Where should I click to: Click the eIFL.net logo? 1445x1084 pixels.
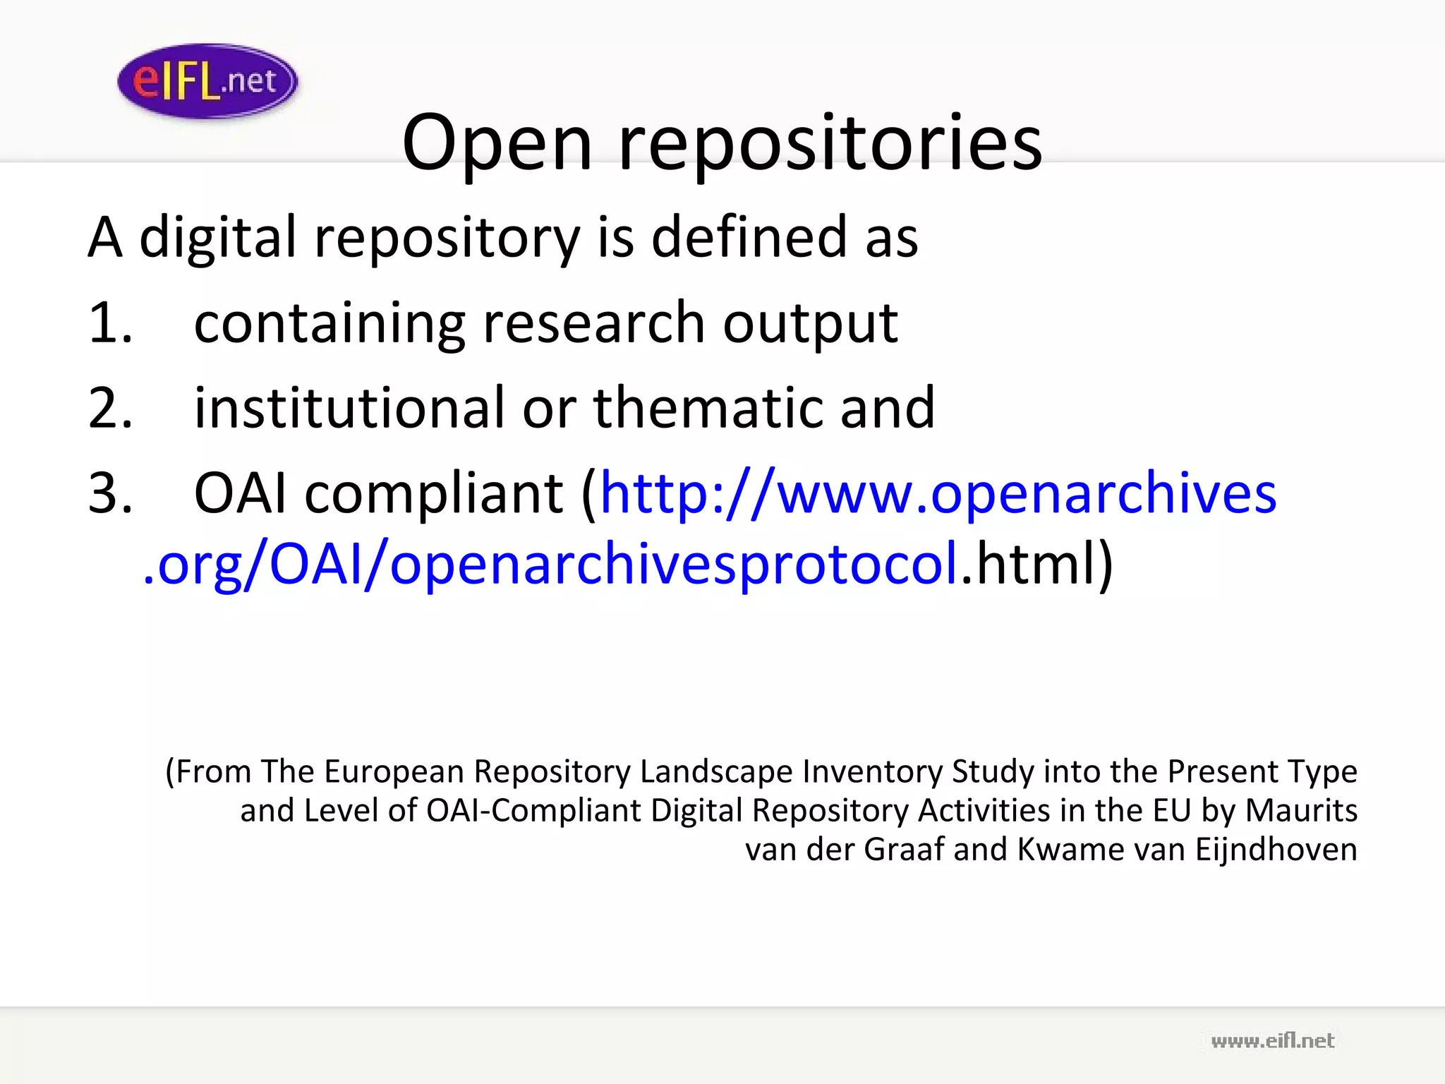207,81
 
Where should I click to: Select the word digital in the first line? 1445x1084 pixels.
218,238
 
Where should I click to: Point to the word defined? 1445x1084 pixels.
749,238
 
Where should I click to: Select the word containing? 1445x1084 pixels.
329,323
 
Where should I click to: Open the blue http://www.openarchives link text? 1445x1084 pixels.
938,493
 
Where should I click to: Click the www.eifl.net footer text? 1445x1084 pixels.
1272,1041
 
